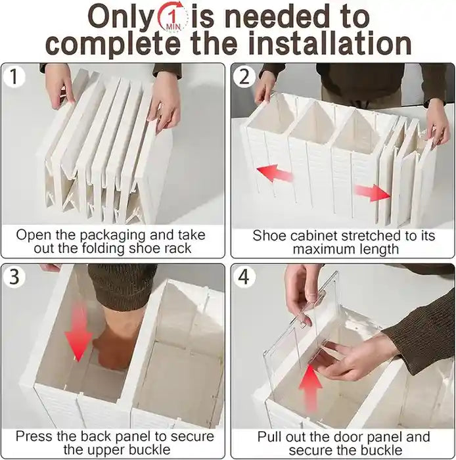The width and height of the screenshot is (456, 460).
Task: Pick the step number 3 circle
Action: click(x=14, y=277)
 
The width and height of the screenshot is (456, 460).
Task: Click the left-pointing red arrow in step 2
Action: click(x=274, y=175)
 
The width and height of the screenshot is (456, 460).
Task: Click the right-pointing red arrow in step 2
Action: click(x=373, y=192)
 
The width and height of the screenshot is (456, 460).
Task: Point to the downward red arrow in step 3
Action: click(x=78, y=331)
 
